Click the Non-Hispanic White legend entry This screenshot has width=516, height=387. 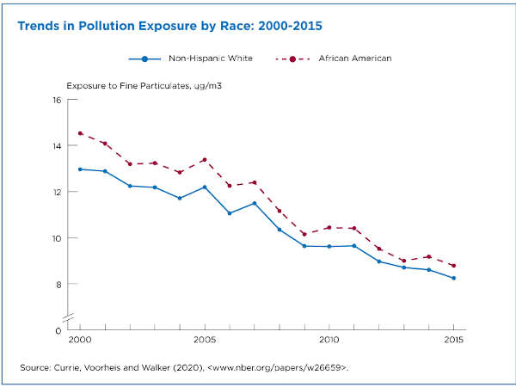[189, 58]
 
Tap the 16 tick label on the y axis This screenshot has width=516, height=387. [56, 100]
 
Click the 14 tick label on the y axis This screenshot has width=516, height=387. [56, 146]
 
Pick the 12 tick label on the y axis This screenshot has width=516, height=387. [56, 192]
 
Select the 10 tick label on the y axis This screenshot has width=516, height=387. [56, 238]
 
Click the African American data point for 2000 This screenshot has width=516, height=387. [80, 133]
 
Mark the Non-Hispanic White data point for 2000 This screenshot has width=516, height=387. [80, 169]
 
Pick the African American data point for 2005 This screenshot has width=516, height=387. [205, 160]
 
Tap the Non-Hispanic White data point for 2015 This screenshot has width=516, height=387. [454, 278]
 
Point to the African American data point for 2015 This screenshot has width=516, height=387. [454, 266]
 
